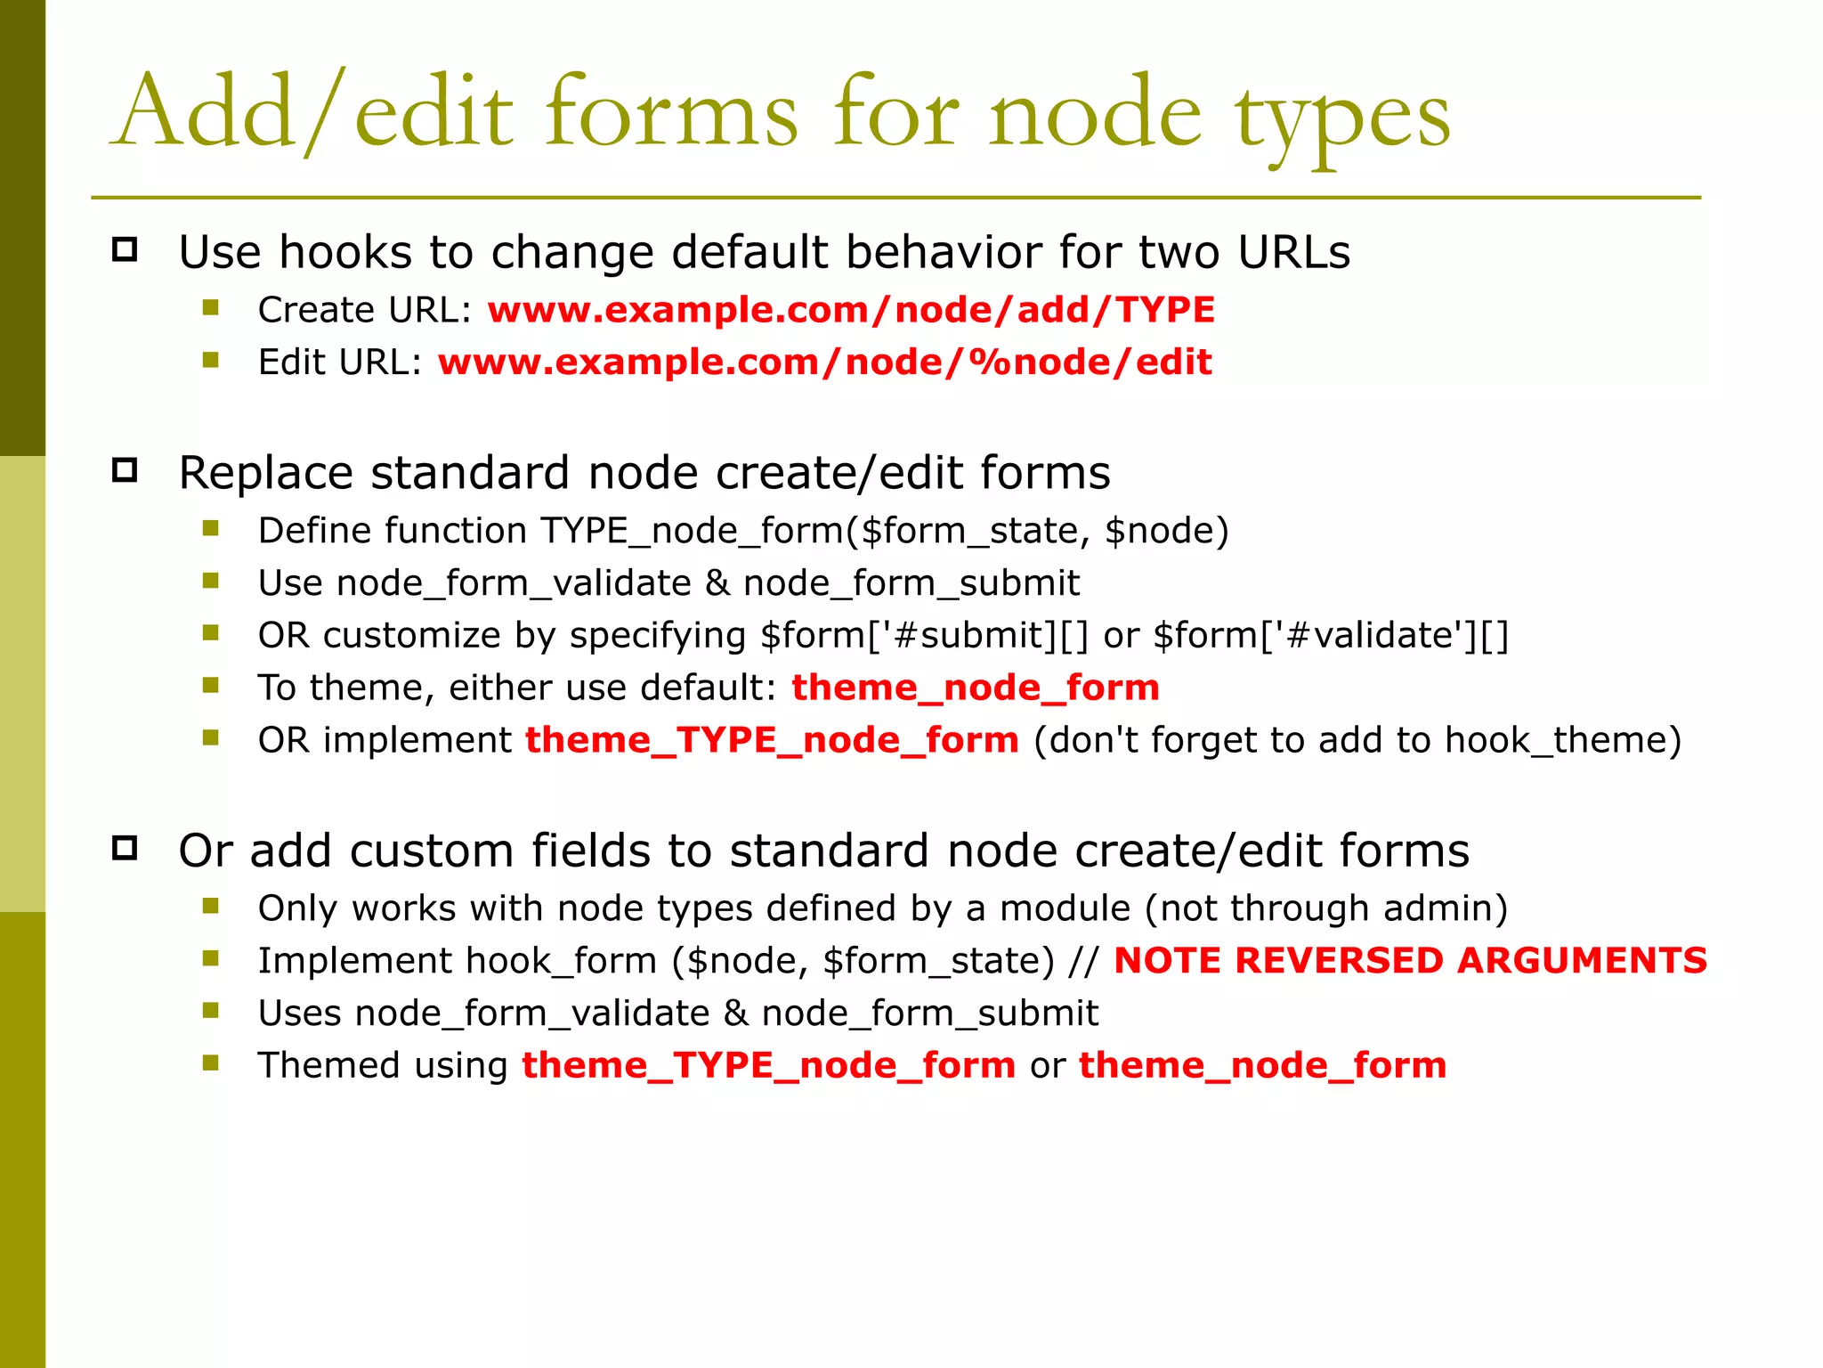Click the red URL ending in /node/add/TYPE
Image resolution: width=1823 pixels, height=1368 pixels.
[x=851, y=310]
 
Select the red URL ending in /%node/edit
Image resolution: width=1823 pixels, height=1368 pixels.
[x=824, y=362]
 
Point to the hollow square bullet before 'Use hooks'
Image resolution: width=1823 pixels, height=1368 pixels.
[x=125, y=249]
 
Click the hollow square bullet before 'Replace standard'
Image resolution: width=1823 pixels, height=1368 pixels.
[x=125, y=469]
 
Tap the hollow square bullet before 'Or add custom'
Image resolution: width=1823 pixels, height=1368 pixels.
[x=125, y=848]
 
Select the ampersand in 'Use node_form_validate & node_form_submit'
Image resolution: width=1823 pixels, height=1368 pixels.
[x=717, y=583]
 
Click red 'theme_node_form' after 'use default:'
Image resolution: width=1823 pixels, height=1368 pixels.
[x=976, y=688]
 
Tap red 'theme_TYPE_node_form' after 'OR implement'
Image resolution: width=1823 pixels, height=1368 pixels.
[x=772, y=740]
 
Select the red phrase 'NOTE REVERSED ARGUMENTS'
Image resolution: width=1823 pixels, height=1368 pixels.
[x=1410, y=960]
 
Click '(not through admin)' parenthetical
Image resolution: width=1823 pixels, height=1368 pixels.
[x=1326, y=908]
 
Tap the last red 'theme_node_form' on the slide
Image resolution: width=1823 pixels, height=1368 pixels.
[x=1262, y=1065]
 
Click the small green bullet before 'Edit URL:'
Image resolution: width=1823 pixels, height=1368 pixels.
[x=211, y=361]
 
